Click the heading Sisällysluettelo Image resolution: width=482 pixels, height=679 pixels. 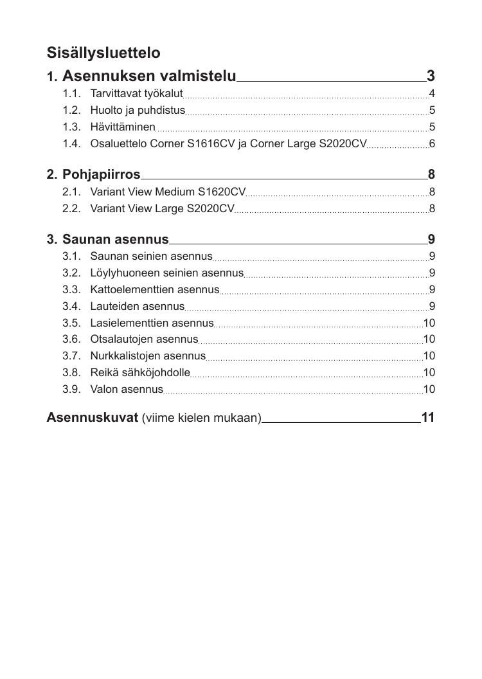(x=103, y=53)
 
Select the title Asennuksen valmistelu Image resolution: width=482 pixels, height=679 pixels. (x=149, y=77)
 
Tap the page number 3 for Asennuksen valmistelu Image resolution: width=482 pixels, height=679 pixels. (x=431, y=77)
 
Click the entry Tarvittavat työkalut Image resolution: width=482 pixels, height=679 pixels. (x=136, y=94)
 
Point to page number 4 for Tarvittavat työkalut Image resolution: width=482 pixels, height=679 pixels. (x=432, y=94)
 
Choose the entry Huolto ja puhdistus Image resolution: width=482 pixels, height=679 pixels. (x=138, y=111)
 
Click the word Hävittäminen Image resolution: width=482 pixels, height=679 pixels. (x=123, y=127)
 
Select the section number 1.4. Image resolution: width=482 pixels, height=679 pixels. (x=71, y=143)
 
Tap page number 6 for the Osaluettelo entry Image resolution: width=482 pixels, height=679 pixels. (x=432, y=143)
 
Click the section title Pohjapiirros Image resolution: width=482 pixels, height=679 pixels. (x=101, y=174)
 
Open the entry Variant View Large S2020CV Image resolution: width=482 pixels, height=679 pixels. (x=162, y=208)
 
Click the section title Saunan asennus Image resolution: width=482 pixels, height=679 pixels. (x=115, y=240)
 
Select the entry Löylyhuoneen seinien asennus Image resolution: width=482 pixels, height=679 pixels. (x=166, y=273)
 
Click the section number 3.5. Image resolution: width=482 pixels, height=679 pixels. (x=71, y=323)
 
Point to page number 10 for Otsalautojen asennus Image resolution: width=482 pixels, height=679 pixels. (x=429, y=339)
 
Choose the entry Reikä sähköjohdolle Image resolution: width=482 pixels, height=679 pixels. (x=140, y=373)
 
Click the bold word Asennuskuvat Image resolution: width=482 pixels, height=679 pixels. (x=92, y=418)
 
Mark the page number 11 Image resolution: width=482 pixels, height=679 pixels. (x=428, y=418)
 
